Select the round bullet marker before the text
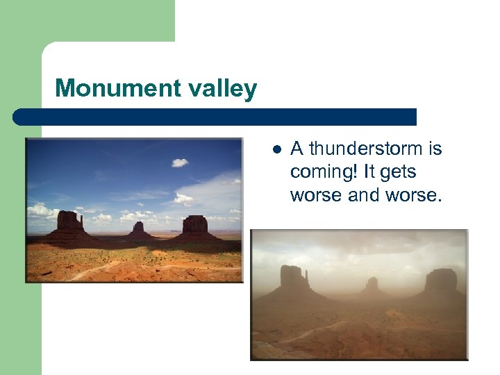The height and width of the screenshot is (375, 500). click(x=276, y=149)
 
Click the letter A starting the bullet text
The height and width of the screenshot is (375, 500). click(x=297, y=149)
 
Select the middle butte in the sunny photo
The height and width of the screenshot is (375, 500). click(x=140, y=228)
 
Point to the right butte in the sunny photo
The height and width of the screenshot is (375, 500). click(x=195, y=224)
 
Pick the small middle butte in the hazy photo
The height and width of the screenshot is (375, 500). click(x=373, y=284)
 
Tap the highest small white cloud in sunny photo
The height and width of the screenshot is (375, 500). click(x=180, y=162)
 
